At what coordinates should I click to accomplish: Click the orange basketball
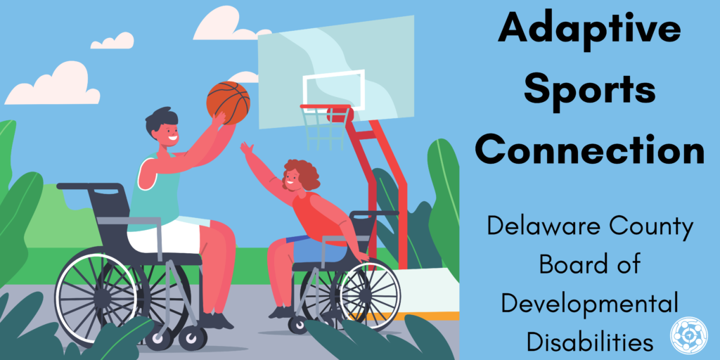(x=228, y=103)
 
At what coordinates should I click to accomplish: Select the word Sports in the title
(x=590, y=89)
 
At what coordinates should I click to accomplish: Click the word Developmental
(x=590, y=304)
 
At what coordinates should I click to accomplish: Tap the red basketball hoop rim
(x=326, y=108)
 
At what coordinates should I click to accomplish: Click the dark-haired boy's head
(x=162, y=127)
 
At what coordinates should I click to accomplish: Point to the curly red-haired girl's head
(x=300, y=175)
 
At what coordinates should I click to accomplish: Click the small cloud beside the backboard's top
(x=243, y=77)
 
